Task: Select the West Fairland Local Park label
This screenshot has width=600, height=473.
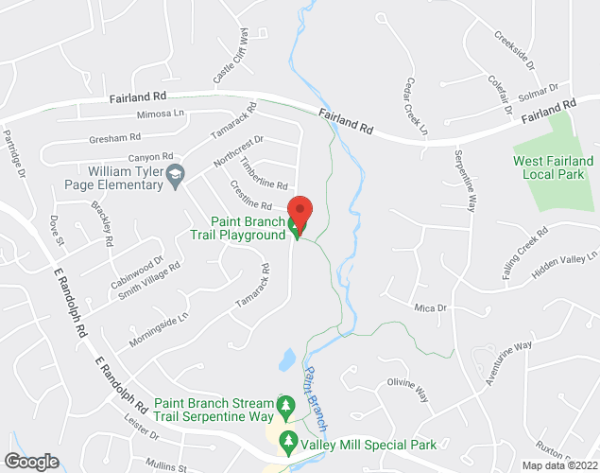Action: point(554,167)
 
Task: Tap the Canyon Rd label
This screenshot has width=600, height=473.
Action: point(151,157)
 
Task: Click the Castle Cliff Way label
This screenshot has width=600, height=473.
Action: point(231,57)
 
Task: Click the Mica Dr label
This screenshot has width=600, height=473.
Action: point(430,308)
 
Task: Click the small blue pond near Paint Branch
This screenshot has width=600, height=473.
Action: point(285,359)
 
